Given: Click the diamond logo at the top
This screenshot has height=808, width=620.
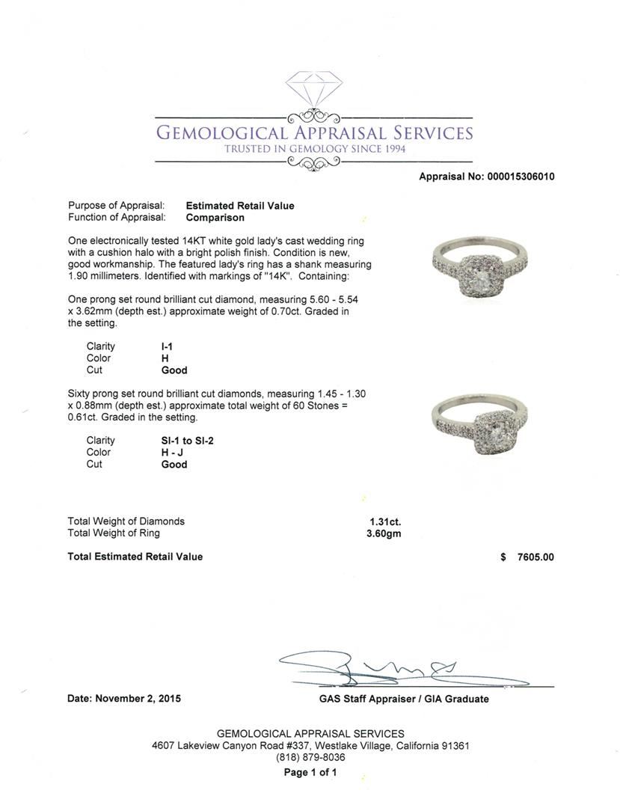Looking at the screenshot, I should [313, 91].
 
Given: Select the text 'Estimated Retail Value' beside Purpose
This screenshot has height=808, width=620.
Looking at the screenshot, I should [240, 206].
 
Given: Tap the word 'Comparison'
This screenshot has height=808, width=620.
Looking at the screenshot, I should [215, 218].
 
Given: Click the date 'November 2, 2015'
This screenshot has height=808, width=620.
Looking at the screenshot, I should [138, 699].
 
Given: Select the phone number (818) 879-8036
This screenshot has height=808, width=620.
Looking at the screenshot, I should [310, 757].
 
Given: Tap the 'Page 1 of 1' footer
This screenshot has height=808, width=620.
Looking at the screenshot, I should [310, 773].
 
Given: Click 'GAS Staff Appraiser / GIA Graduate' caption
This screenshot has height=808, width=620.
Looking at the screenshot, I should [399, 699].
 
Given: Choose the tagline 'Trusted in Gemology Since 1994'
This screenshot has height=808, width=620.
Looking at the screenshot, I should [314, 149].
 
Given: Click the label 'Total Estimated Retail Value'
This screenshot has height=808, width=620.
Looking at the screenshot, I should [135, 557].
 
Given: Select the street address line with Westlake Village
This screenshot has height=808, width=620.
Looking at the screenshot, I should [310, 746].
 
